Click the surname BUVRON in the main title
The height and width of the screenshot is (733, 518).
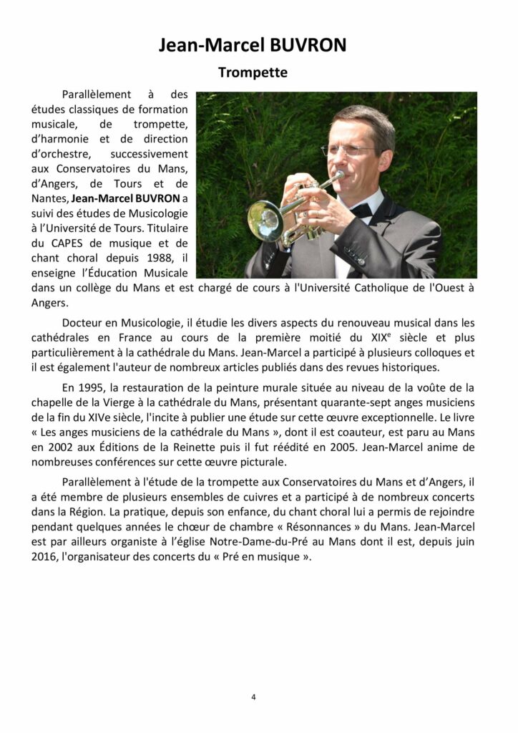pos(308,46)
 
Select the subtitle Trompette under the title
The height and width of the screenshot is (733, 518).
pos(253,72)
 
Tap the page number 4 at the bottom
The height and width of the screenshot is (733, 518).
pos(253,696)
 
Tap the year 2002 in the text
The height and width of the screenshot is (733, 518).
pos(63,447)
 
